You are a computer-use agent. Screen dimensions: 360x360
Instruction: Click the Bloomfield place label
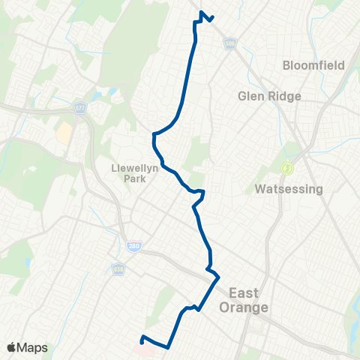coord(313,65)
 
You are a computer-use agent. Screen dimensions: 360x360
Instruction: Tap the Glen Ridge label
coord(269,96)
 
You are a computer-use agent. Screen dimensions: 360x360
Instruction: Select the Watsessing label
coord(289,189)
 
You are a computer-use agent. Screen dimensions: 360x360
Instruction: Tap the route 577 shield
coord(80,108)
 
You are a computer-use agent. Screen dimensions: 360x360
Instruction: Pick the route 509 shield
coord(230,43)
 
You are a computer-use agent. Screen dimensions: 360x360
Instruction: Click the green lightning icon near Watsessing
coord(285,169)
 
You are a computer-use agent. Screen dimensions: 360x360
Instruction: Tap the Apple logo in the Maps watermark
coord(13,347)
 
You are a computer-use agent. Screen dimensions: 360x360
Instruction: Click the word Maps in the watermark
coord(34,347)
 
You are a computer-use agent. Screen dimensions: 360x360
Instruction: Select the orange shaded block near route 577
coord(64,133)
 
